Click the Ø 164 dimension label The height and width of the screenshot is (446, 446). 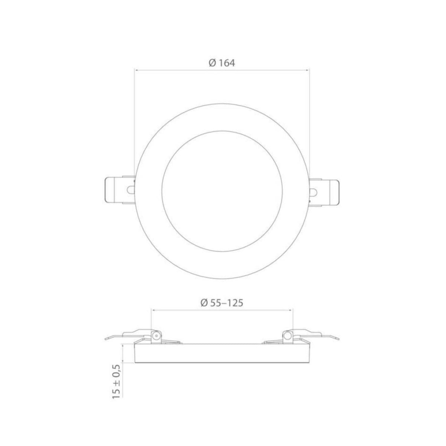point(222,63)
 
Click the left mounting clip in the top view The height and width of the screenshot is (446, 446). point(118,190)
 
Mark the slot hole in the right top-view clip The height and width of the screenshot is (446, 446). point(314,192)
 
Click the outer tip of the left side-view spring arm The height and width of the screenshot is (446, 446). point(106,338)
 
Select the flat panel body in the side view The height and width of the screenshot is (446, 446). point(222,353)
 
